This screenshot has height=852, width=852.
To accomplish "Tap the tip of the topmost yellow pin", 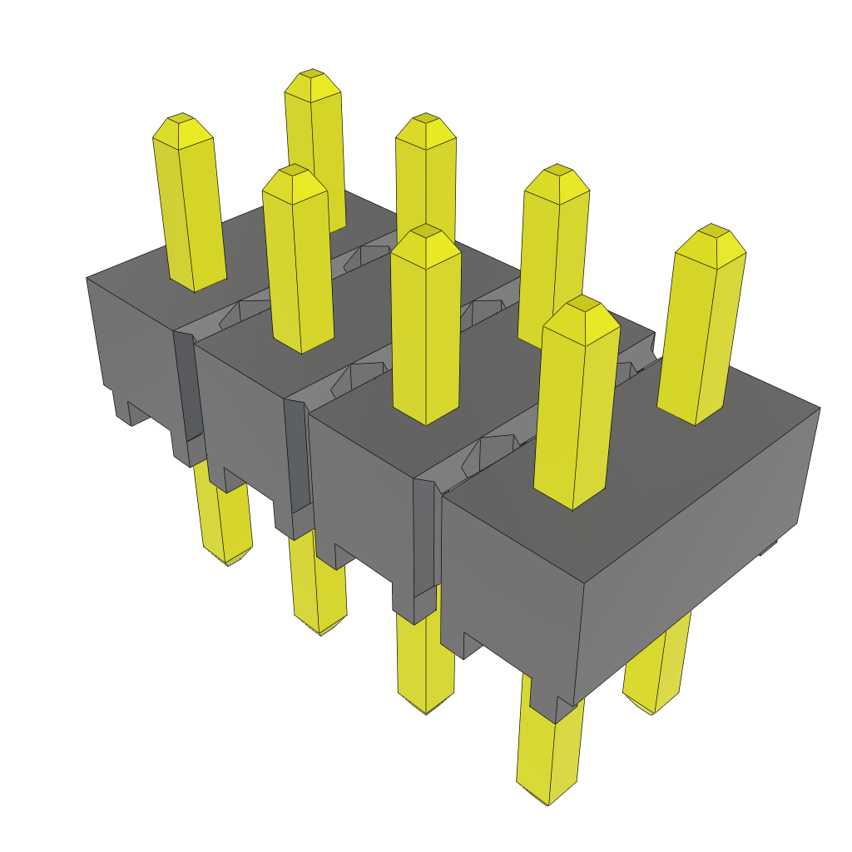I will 312,75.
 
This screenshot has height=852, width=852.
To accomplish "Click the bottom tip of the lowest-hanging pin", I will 547,802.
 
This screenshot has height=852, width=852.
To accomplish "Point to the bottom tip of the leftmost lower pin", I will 226,562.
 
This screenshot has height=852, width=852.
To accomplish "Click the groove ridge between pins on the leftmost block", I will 241,312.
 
